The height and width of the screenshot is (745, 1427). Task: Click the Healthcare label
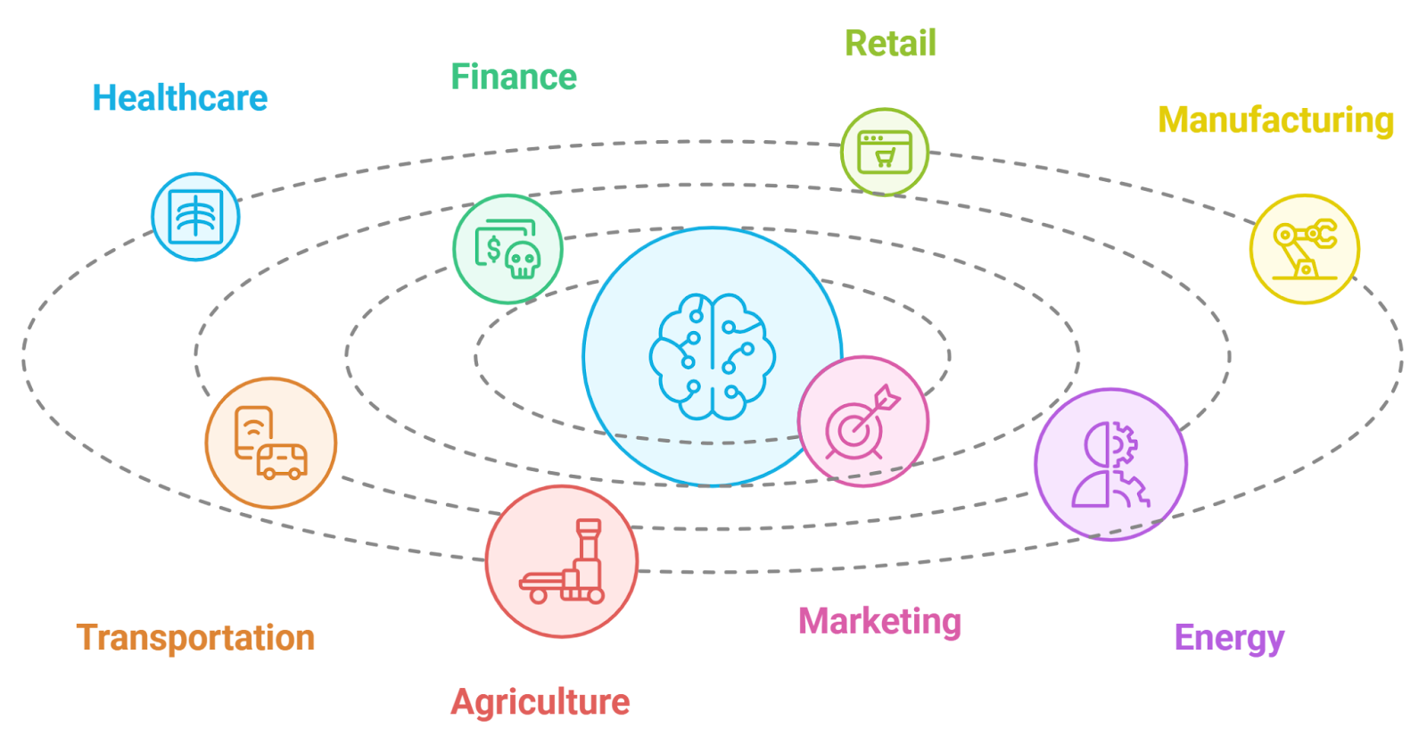[179, 98]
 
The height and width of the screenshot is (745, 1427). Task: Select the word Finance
[514, 78]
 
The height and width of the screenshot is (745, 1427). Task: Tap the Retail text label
[890, 44]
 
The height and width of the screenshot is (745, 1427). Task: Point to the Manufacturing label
[1275, 120]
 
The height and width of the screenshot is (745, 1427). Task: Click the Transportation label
[196, 638]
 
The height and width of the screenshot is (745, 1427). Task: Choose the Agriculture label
[540, 702]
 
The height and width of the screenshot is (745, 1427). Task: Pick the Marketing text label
[879, 621]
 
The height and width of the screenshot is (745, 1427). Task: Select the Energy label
[1229, 638]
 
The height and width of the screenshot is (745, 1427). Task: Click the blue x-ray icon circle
[195, 217]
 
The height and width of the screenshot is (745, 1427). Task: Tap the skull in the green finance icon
[522, 261]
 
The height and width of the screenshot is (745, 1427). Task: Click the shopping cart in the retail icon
[885, 159]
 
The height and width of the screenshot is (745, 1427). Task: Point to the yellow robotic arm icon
[1304, 249]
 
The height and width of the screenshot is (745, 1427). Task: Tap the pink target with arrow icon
[862, 422]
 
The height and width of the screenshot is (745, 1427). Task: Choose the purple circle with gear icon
[1110, 465]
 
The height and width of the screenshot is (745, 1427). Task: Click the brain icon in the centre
[712, 356]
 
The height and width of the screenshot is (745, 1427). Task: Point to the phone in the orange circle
[253, 432]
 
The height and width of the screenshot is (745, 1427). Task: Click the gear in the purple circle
[1126, 443]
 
